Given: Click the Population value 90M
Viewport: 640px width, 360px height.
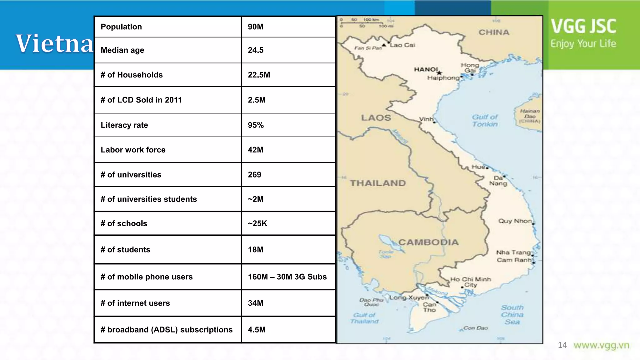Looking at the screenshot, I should (256, 27).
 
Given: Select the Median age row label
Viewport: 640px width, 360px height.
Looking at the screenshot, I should (122, 50).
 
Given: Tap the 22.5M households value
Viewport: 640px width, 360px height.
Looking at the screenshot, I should (259, 75).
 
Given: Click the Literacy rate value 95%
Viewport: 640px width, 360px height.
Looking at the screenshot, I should (256, 125).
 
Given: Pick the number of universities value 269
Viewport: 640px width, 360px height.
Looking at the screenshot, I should (254, 175).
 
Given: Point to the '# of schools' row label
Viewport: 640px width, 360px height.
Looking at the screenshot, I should (124, 224).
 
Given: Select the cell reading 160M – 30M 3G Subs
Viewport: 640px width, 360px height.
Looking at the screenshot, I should (287, 277).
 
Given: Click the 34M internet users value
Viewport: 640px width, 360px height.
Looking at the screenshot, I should (256, 303).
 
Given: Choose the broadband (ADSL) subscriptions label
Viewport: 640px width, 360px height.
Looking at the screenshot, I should (167, 330).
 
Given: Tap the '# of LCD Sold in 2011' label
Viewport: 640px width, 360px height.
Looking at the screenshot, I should (141, 100).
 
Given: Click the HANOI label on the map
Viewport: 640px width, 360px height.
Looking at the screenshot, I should (426, 69).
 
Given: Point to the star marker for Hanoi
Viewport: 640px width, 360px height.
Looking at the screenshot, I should (439, 73).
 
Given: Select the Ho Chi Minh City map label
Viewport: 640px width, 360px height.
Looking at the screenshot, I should (470, 282).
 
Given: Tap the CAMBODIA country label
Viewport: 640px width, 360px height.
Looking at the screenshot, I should (428, 242).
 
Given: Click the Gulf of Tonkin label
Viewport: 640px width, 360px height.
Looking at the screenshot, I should (485, 121).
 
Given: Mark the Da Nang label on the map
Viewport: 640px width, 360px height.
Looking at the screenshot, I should (498, 181).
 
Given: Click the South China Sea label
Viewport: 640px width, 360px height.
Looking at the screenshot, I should (512, 315).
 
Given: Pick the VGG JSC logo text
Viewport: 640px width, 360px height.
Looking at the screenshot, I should (583, 26).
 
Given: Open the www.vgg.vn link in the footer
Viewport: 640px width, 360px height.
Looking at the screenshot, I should (601, 345).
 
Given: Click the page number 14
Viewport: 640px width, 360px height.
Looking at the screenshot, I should (562, 345).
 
